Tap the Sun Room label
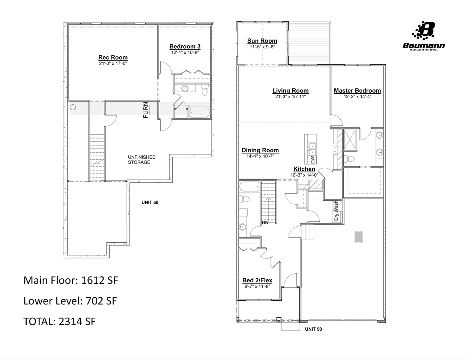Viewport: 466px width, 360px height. coord(262,41)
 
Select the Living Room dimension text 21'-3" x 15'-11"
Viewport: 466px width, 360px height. coord(290,97)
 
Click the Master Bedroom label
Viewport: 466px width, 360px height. coord(357,91)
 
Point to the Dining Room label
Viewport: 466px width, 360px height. coord(260,150)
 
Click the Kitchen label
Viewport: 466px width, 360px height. coord(304,169)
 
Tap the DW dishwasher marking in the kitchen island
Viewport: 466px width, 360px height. coord(313,159)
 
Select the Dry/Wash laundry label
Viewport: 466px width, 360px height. coord(336,211)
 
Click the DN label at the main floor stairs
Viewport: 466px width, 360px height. coord(265,223)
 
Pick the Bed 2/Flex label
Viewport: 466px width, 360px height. coord(257,280)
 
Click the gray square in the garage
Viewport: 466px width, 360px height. coord(358,237)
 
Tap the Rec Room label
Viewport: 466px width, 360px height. coord(113,57)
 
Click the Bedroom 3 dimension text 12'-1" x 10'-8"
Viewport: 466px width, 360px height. coord(185,52)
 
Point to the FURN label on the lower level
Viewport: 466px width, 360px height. coord(146,110)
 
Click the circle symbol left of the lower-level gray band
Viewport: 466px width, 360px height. coord(73,107)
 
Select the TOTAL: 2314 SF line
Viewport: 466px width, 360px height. coord(59,321)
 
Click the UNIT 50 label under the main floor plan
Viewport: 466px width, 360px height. coord(313,329)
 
